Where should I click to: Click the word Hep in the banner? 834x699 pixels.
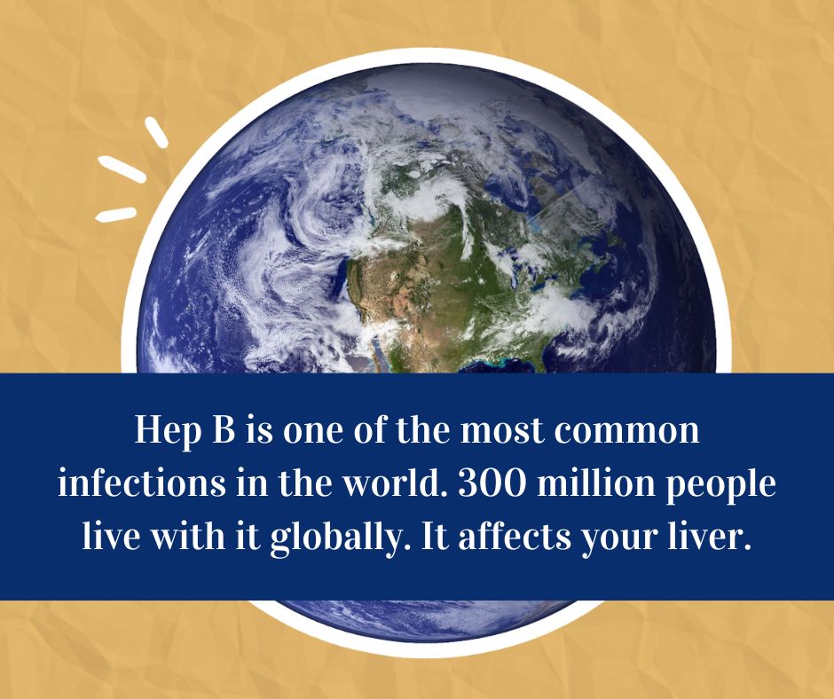(x=168, y=431)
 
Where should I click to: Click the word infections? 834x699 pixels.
(x=141, y=483)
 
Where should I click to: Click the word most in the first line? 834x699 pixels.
(x=503, y=431)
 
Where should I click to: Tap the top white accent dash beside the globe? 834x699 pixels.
(x=156, y=131)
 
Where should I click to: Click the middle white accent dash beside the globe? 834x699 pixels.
(x=122, y=169)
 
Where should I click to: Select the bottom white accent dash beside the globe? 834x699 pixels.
(x=116, y=214)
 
